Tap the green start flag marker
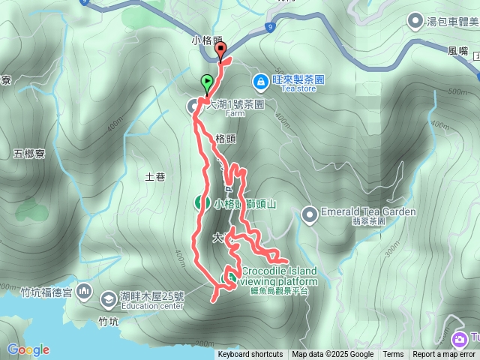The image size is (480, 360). [207, 82]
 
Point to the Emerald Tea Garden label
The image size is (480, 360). [367, 212]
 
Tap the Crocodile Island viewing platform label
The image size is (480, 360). [279, 276]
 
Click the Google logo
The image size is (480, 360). [28, 349]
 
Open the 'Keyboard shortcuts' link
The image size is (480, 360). [250, 355]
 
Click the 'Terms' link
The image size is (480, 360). [393, 355]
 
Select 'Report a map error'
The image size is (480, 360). [444, 355]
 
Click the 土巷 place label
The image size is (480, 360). [154, 177]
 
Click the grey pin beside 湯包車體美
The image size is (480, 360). [414, 19]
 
